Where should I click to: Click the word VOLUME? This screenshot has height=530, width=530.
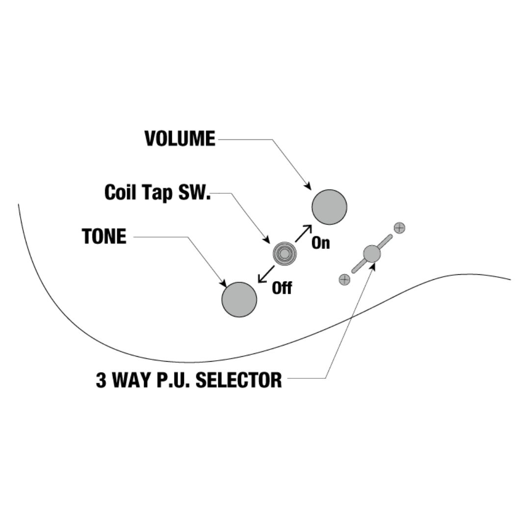[180, 139]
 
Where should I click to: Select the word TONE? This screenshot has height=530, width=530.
[104, 237]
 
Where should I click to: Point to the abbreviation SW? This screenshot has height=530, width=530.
[194, 192]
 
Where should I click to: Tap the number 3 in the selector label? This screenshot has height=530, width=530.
[101, 380]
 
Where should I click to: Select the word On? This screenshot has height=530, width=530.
[321, 243]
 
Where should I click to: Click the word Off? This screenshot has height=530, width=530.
[282, 288]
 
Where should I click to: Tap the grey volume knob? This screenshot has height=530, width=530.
[329, 207]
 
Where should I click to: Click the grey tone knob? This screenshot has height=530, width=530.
[239, 299]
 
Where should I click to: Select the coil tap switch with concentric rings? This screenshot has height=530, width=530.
[285, 254]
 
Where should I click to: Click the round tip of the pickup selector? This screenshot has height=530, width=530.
[371, 254]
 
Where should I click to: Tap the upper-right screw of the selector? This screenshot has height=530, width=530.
[399, 228]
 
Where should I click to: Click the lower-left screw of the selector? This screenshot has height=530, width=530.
[344, 280]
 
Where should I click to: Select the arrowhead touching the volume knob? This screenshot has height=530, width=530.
[308, 186]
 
